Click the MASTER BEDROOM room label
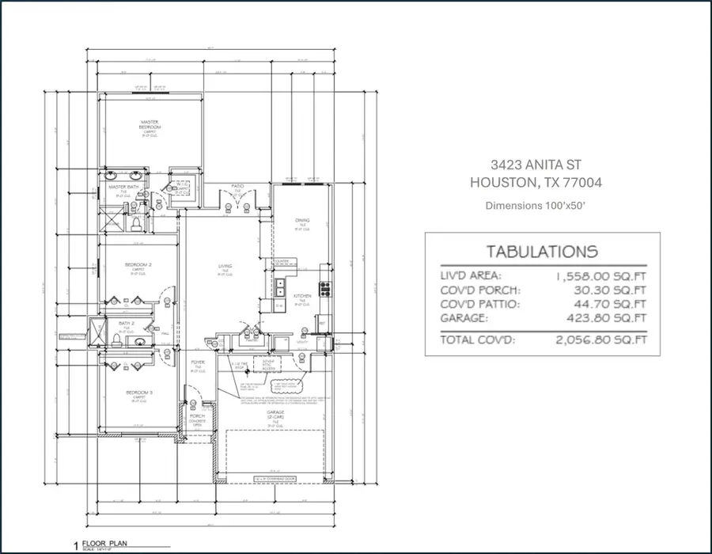[x=150, y=124]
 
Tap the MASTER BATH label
[x=124, y=187]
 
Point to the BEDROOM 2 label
[x=138, y=264]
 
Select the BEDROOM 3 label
[x=138, y=393]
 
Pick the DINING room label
[x=302, y=221]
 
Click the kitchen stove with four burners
[x=322, y=286]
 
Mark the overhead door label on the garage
[x=271, y=476]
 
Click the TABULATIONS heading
[x=541, y=252]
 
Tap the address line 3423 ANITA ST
[x=536, y=165]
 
